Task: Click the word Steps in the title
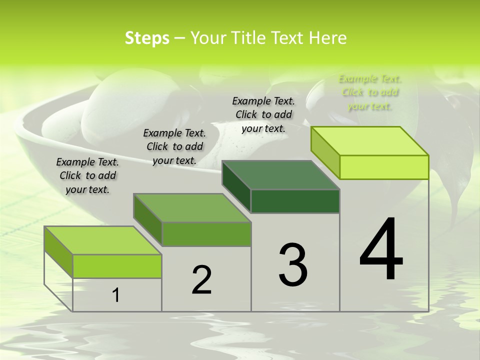[147, 38]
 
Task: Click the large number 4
[381, 249]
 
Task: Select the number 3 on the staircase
[293, 264]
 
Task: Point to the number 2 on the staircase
[201, 280]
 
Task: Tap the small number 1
[116, 295]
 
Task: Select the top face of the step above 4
[370, 140]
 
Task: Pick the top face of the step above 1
[103, 240]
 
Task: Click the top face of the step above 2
[192, 207]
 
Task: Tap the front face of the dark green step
[295, 201]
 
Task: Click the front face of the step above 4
[384, 167]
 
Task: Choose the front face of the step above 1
[117, 266]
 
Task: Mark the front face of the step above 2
[206, 234]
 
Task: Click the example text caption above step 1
[87, 175]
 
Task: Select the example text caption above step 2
[174, 146]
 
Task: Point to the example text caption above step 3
[263, 114]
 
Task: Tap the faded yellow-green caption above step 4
[370, 92]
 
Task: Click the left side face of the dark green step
[236, 186]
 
